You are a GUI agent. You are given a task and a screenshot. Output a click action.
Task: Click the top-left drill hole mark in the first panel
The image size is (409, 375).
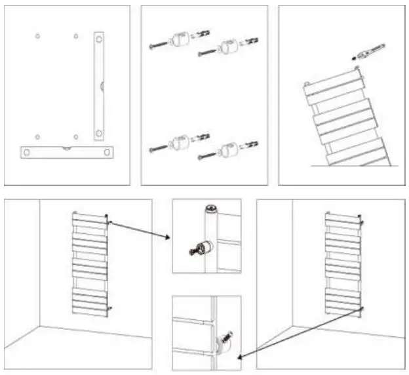tap(38, 35)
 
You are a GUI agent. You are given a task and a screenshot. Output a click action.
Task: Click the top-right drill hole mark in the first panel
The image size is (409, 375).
tap(76, 35)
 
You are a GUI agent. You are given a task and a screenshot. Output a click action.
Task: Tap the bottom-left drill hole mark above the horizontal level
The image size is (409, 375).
tap(38, 137)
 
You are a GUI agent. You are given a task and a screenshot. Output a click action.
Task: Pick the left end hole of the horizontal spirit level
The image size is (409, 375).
tap(27, 151)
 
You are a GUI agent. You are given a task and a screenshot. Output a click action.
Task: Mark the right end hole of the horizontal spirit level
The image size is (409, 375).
tap(106, 151)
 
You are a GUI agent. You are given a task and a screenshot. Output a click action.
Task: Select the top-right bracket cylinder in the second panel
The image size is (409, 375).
tap(226, 47)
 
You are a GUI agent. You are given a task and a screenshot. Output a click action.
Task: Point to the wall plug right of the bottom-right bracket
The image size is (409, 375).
tap(249, 145)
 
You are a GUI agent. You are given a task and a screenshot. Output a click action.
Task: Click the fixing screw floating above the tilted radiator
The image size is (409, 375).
tap(368, 51)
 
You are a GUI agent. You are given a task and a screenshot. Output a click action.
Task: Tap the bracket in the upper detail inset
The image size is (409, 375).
tap(204, 248)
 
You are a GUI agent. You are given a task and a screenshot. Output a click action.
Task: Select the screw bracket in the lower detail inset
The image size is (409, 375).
tap(223, 340)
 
